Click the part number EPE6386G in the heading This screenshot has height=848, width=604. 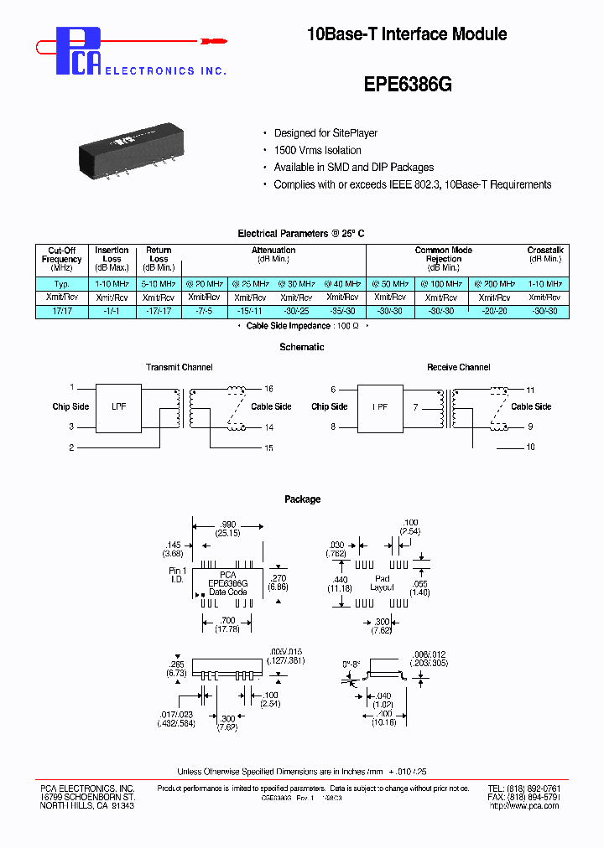pos(408,85)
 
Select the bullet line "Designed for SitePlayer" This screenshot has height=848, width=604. pos(325,133)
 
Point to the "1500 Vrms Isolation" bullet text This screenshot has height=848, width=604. pos(317,150)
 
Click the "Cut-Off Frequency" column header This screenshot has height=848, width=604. pos(61,259)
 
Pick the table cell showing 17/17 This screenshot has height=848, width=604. pos(61,311)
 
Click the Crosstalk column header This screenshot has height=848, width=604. pos(545,255)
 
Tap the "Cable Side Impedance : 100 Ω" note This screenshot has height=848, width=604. pos(301,325)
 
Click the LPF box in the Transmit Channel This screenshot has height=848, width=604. pos(119,406)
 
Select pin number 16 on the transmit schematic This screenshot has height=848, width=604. pos(268,389)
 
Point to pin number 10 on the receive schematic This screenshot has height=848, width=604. pos(530,447)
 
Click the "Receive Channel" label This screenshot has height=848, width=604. pos(458,367)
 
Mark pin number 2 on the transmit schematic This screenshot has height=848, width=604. pos(72,447)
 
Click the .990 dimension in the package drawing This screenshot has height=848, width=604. pos(228,523)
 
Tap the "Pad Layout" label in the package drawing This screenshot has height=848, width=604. pos(383,583)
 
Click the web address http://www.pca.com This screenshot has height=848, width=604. pos(523,805)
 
